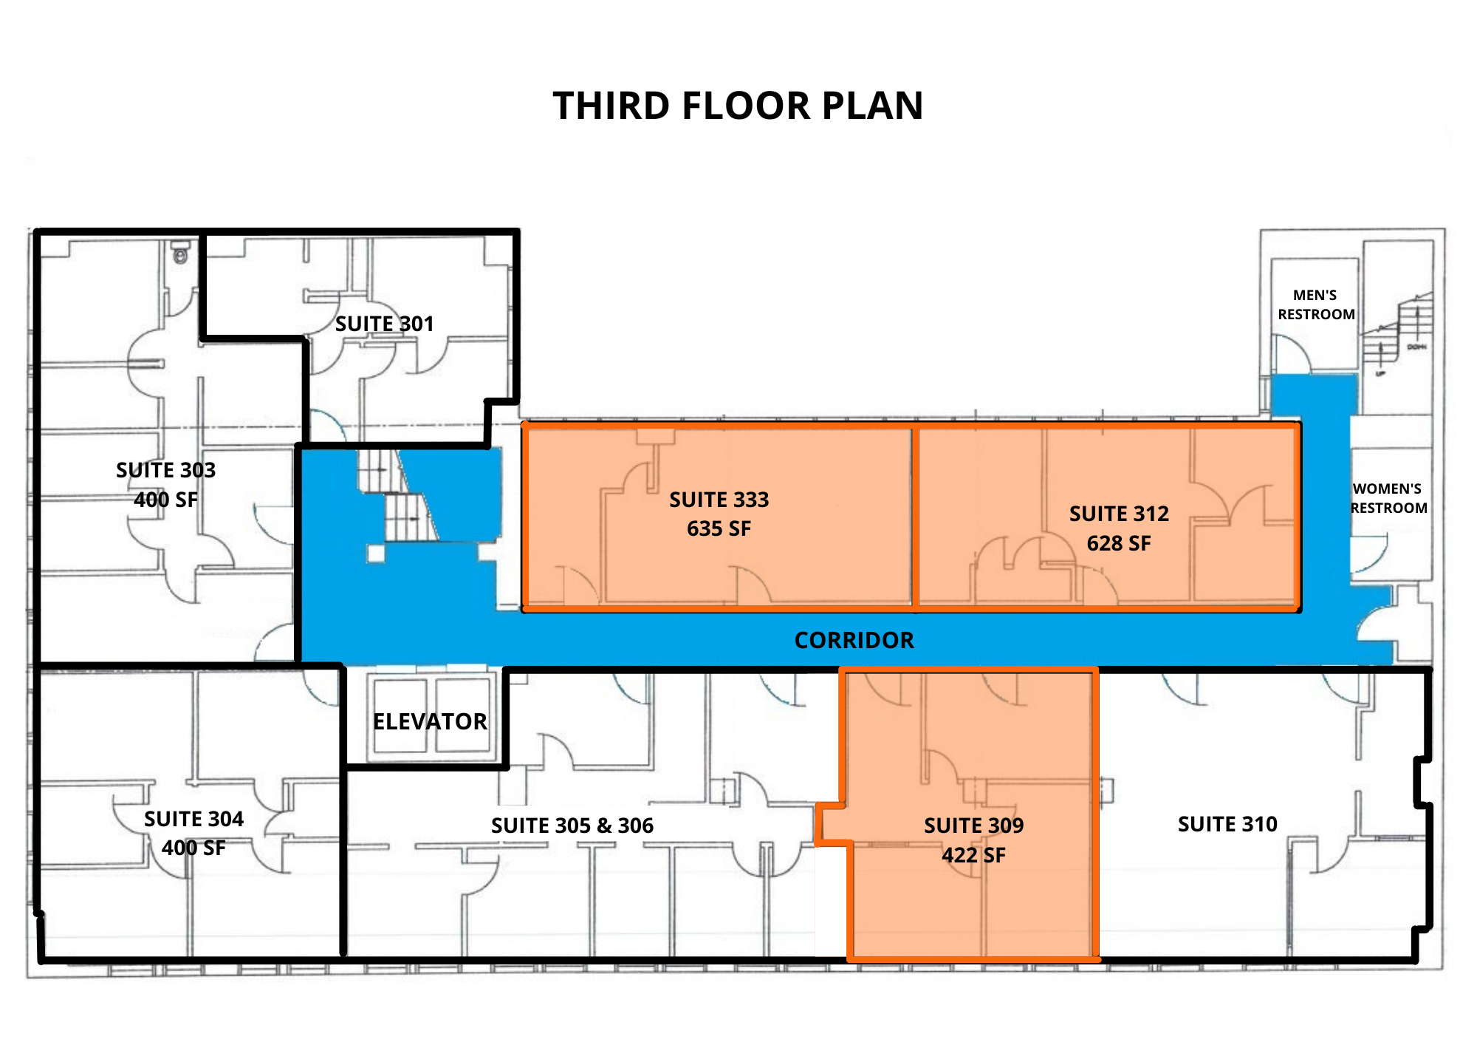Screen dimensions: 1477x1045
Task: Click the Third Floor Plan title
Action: tap(738, 106)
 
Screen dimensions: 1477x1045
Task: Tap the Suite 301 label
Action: tap(384, 324)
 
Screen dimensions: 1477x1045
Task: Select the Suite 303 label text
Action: tap(165, 470)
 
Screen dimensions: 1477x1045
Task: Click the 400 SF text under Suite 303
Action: tap(165, 500)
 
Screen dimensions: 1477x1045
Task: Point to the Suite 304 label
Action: tap(193, 819)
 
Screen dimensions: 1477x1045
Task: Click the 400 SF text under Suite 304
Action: tap(193, 848)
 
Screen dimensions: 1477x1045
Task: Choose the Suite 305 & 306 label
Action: tap(572, 826)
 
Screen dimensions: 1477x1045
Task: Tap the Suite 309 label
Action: tap(973, 826)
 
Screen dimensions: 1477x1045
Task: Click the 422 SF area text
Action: tap(973, 855)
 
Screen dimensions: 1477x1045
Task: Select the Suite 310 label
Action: tap(1227, 824)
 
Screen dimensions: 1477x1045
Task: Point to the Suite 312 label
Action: tap(1119, 514)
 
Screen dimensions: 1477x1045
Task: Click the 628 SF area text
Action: tap(1119, 543)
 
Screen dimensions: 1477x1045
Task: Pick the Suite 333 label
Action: tap(719, 500)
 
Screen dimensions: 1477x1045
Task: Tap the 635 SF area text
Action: tap(719, 528)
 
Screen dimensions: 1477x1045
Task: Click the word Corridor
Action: tap(854, 640)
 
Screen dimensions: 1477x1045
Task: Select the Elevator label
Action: tap(430, 721)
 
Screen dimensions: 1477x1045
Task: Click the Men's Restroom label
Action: tap(1316, 304)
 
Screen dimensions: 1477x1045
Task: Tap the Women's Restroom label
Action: tap(1388, 498)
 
